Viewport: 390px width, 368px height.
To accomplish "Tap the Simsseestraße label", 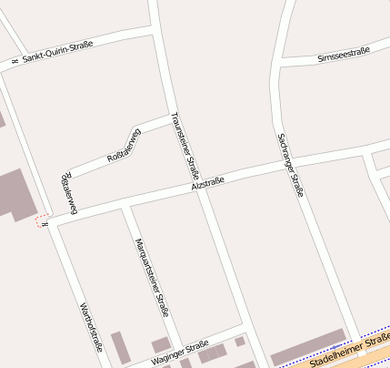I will pyautogui.click(x=344, y=56).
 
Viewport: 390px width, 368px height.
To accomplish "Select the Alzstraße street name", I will pyautogui.click(x=207, y=184).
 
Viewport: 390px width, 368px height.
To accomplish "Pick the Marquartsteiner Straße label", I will pyautogui.click(x=151, y=276).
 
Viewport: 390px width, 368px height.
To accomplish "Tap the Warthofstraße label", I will pyautogui.click(x=90, y=326).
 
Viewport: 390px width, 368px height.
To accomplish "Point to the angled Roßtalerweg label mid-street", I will pyautogui.click(x=125, y=147).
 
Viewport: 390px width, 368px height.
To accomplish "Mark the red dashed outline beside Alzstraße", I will pyautogui.click(x=42, y=221).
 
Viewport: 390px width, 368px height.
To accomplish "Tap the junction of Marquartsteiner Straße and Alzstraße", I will pyautogui.click(x=126, y=204).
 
